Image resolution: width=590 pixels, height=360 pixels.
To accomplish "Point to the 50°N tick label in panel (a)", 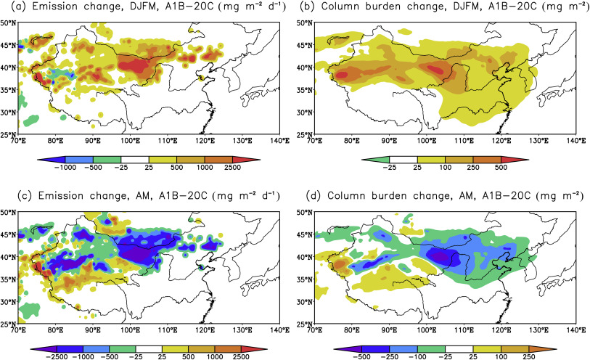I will point(9,22).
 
